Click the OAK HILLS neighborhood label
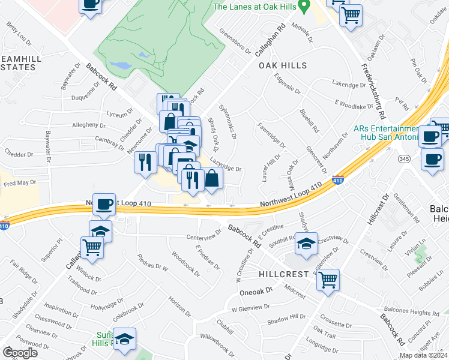[x=282, y=65]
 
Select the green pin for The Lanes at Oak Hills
[x=304, y=7]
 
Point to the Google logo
[x=20, y=353]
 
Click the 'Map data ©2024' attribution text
[x=423, y=355]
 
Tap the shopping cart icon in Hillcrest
[x=328, y=279]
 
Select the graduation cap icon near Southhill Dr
[x=306, y=244]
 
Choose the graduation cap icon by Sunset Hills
[x=124, y=339]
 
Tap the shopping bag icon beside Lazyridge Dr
[x=212, y=178]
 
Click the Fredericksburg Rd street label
[x=376, y=80]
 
